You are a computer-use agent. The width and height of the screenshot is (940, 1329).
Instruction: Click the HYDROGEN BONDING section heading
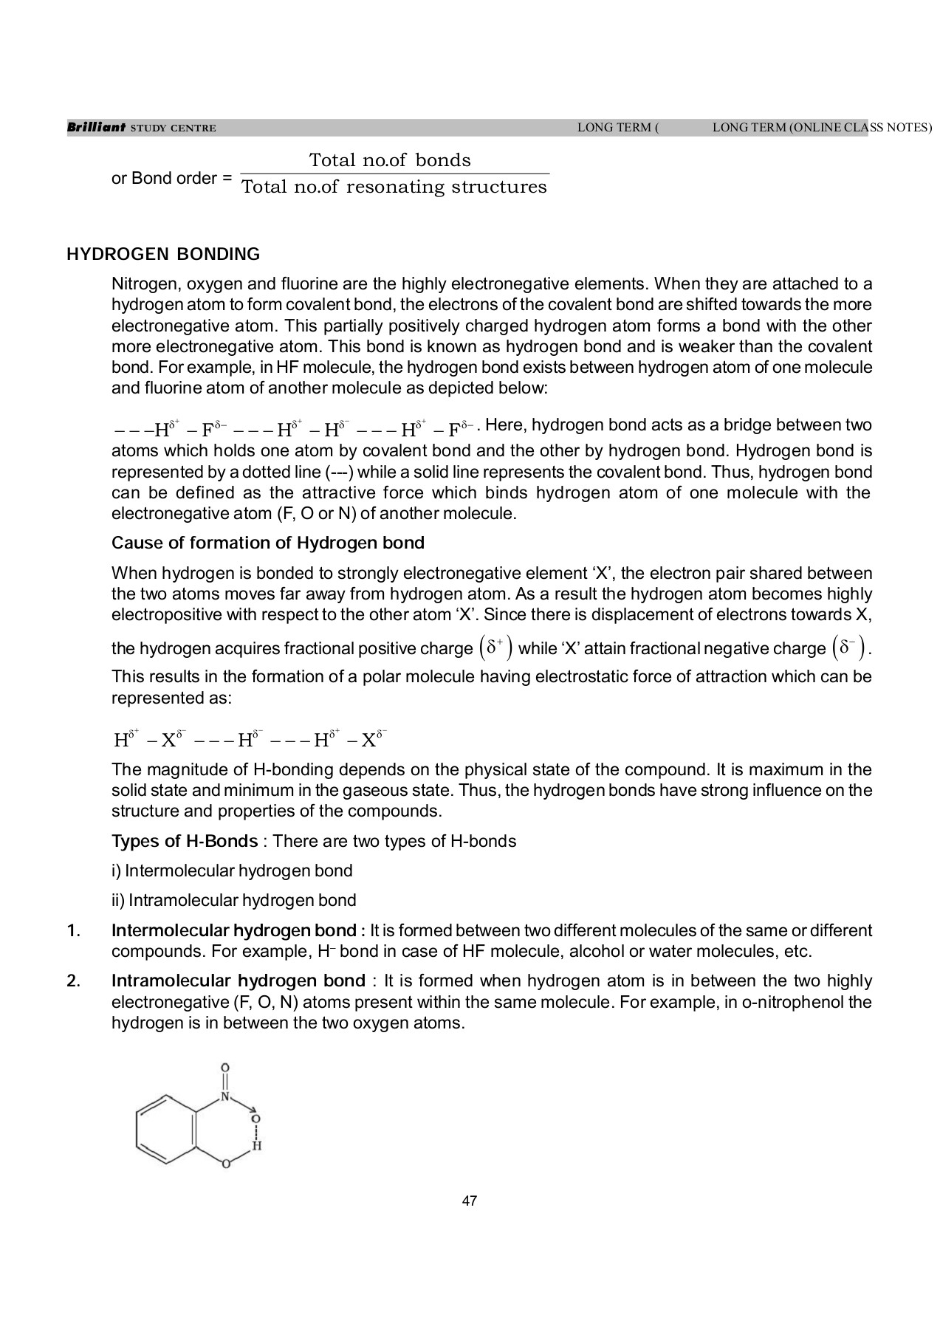tap(163, 255)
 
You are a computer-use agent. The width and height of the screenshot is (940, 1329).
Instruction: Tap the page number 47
tap(470, 1201)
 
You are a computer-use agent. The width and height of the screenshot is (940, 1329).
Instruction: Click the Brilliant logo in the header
tap(96, 128)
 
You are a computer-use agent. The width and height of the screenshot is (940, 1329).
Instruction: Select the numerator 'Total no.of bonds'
tap(389, 160)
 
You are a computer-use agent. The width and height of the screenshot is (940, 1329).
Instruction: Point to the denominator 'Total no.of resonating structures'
tap(394, 187)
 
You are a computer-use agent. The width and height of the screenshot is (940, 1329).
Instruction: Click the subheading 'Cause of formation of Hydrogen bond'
tap(268, 543)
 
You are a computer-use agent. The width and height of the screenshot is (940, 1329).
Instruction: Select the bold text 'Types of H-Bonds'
tap(185, 841)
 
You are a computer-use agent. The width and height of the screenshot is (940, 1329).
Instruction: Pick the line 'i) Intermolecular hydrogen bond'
tap(232, 870)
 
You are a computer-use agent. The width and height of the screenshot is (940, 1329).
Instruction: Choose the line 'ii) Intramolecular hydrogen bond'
tap(233, 900)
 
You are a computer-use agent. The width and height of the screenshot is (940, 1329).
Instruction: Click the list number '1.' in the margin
tap(72, 930)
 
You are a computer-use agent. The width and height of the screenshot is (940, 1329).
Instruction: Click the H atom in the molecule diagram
tap(256, 1147)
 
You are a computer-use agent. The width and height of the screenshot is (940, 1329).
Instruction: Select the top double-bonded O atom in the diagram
tap(225, 1068)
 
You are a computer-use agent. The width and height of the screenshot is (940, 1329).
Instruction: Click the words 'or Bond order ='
tap(171, 179)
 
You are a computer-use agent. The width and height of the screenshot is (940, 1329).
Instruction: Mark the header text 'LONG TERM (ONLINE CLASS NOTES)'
tap(822, 128)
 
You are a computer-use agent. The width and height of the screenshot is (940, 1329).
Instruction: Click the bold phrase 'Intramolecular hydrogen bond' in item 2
tap(238, 981)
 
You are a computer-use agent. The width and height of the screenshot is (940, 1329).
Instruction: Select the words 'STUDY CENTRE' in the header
tap(173, 128)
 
